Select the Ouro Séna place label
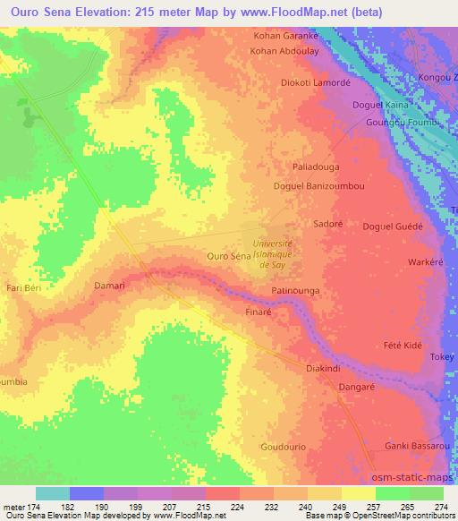(x=227, y=256)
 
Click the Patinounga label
(x=296, y=292)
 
